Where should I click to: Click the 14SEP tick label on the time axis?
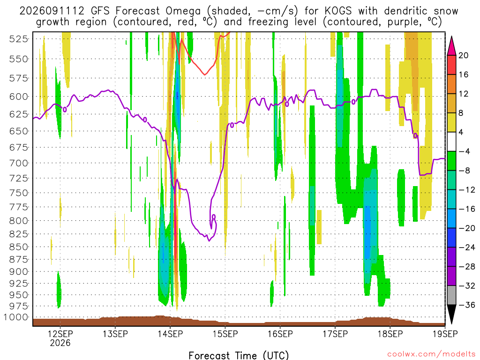coord(170,334)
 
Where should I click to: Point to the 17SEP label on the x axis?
coord(335,334)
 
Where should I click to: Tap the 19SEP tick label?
coord(445,334)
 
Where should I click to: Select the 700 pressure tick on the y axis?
coord(19,163)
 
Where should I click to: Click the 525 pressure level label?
coord(19,39)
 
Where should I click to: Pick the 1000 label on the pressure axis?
coord(15,317)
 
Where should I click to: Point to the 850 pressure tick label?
coord(19,247)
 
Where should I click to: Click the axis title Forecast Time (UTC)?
coord(239,355)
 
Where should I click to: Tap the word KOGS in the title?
coord(338,11)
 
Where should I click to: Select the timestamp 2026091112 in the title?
coord(52,11)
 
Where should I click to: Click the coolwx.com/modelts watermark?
coord(431,354)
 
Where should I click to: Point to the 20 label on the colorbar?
coord(463,55)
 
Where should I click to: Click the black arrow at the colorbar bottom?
coord(451,313)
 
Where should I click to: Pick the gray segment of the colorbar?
coord(451,295)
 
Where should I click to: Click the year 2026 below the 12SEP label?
coord(60,343)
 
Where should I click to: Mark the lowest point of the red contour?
coord(205,75)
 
